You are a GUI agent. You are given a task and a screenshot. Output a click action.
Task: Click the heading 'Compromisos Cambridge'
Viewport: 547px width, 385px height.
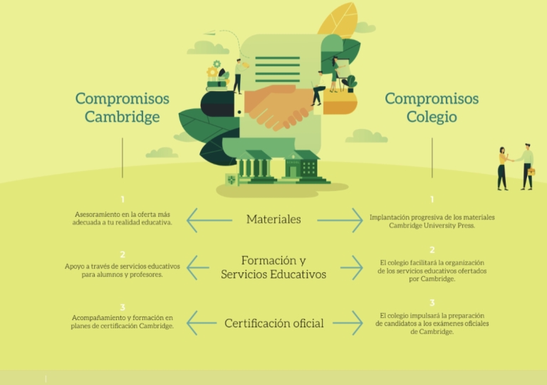[x=123, y=107]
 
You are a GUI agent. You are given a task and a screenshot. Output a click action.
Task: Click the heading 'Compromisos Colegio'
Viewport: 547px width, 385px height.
[x=432, y=107]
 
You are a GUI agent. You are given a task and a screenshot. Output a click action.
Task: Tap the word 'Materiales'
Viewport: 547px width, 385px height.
[x=273, y=220]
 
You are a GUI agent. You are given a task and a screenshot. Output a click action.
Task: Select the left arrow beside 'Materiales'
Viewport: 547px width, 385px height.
[x=209, y=220]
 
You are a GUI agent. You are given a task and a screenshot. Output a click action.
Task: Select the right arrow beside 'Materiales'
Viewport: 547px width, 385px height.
[x=340, y=220]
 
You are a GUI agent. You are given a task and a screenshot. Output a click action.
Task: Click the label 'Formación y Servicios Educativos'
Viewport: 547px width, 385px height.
[x=273, y=267]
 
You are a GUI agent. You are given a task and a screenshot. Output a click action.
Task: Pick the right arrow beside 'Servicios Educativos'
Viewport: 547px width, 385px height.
[x=352, y=267]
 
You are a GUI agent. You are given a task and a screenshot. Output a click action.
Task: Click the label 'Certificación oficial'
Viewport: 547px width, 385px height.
[x=274, y=323]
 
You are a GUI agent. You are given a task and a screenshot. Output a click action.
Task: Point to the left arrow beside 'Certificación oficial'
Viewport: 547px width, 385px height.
[x=202, y=323]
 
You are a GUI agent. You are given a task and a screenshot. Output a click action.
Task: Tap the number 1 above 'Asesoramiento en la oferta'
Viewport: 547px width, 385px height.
[x=123, y=200]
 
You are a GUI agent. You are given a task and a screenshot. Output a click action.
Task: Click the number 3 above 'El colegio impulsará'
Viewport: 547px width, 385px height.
[x=432, y=302]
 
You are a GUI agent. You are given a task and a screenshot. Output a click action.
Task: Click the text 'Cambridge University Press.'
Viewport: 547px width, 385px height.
[x=432, y=226]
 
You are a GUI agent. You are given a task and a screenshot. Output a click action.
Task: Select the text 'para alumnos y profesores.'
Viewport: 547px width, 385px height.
[x=123, y=274]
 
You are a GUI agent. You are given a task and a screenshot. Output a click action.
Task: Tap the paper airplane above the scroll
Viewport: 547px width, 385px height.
[x=209, y=33]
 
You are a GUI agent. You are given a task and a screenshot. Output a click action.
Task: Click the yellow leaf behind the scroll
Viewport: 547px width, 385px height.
[x=338, y=20]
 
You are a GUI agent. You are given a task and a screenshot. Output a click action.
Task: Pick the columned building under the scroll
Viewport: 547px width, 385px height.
[x=255, y=166]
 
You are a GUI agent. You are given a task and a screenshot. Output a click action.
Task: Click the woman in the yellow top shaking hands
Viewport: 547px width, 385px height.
[x=504, y=168]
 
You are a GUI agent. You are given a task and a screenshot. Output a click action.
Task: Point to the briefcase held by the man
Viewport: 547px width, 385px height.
[x=531, y=172]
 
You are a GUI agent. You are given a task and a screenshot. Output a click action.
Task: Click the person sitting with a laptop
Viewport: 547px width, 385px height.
[x=318, y=88]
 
